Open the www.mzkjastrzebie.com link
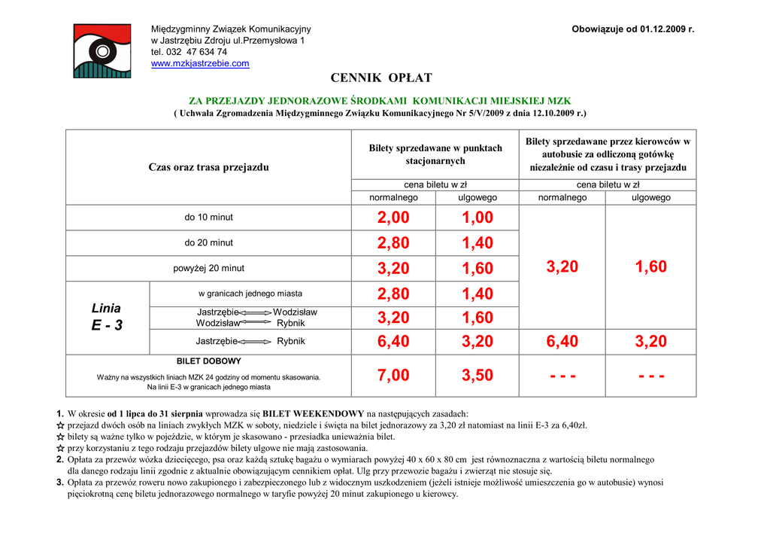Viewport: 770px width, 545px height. [200, 64]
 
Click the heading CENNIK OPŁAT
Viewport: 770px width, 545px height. [381, 78]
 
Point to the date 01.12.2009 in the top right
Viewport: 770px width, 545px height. [662, 29]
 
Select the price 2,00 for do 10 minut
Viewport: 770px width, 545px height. [393, 218]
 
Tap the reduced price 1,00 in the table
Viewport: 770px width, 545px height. [477, 218]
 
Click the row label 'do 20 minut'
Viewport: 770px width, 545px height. [209, 243]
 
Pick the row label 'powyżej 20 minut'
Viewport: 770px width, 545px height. [209, 269]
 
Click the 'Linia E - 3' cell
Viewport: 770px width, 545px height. [107, 317]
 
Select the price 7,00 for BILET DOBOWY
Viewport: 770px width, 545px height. [393, 376]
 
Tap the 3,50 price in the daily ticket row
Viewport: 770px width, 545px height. [477, 376]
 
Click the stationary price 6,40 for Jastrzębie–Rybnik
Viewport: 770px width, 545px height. [393, 342]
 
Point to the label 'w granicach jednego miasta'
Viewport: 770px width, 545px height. [250, 294]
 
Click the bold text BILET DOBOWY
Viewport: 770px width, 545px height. [209, 361]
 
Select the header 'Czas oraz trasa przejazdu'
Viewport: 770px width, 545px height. [208, 167]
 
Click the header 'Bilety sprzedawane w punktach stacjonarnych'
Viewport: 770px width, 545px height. [435, 154]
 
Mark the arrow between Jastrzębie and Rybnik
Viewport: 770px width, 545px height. [256, 342]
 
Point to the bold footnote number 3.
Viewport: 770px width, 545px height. [59, 483]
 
